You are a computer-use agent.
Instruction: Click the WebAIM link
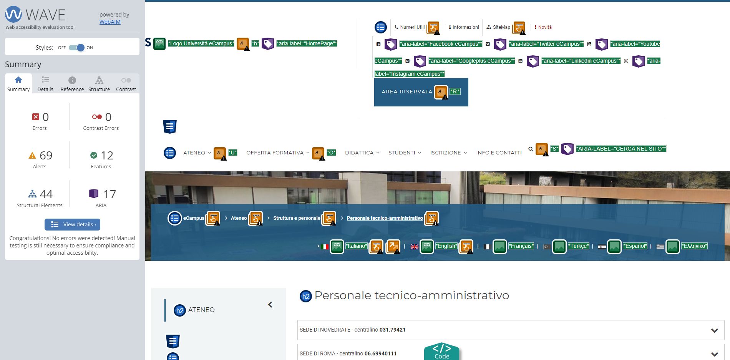(x=110, y=22)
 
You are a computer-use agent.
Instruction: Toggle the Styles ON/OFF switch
(x=76, y=48)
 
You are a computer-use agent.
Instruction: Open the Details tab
(x=45, y=84)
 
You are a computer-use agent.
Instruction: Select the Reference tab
(x=72, y=84)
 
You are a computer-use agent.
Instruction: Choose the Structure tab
(x=99, y=84)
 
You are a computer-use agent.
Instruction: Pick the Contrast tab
(x=126, y=84)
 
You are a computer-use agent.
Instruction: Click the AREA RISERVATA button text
(x=407, y=92)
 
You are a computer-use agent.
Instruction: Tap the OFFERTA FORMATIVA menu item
(x=275, y=153)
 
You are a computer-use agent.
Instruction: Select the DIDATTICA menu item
(x=359, y=153)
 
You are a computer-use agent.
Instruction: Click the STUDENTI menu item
(x=402, y=153)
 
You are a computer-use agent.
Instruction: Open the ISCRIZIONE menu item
(x=446, y=153)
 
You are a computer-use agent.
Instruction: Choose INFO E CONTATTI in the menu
(x=499, y=153)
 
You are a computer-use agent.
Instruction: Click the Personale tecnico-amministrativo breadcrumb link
(x=385, y=218)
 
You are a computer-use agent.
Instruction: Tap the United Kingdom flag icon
(x=415, y=247)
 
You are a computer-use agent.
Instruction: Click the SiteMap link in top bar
(x=501, y=27)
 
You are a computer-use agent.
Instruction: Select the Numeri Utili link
(x=412, y=27)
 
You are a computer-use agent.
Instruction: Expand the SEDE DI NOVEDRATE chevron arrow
(x=715, y=330)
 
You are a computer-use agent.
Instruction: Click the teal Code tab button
(x=442, y=352)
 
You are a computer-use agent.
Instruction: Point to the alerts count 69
(x=46, y=156)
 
